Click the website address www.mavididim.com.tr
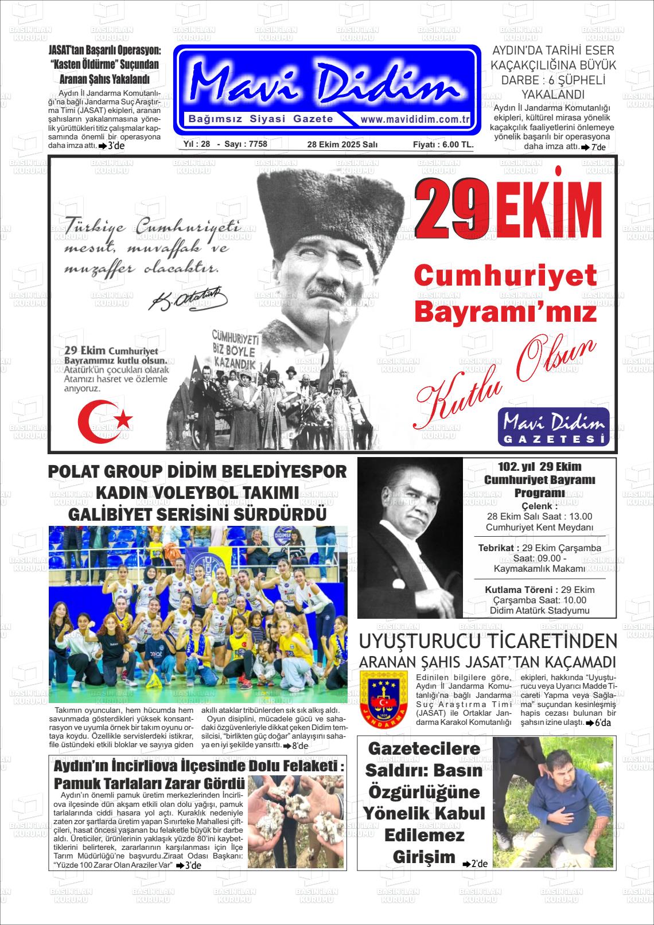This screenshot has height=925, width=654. (x=415, y=120)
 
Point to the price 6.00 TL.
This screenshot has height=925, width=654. (x=457, y=145)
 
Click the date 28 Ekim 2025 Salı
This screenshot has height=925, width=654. (x=342, y=145)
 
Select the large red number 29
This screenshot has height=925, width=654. (x=451, y=210)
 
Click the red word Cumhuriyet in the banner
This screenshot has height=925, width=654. (x=505, y=276)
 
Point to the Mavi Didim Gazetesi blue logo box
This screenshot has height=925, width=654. (x=554, y=426)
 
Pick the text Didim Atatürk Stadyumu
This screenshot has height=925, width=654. (x=539, y=610)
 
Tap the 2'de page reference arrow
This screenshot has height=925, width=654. (x=475, y=864)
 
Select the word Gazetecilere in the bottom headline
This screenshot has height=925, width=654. (x=424, y=748)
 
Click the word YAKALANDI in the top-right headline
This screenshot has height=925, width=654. (x=552, y=95)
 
